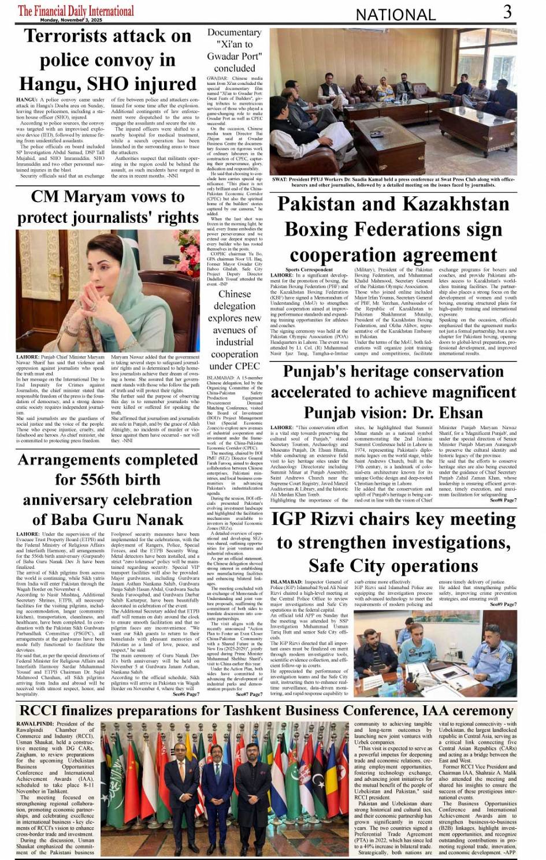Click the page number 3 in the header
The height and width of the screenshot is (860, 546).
click(507, 12)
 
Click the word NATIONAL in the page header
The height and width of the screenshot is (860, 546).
click(395, 14)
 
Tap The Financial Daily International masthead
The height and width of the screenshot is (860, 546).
click(76, 10)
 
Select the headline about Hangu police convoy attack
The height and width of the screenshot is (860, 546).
click(107, 60)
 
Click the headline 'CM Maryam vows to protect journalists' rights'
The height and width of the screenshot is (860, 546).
click(107, 207)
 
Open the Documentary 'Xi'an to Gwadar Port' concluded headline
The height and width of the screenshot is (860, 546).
click(234, 50)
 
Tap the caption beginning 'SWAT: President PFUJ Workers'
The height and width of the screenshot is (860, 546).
click(393, 182)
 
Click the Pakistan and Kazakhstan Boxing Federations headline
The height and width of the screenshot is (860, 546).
click(393, 229)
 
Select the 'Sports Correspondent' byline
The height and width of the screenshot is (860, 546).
click(309, 270)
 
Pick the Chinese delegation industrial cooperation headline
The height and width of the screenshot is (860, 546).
click(234, 329)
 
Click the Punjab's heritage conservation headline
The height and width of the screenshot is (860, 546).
click(393, 392)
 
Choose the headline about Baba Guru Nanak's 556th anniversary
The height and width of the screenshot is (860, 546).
click(107, 489)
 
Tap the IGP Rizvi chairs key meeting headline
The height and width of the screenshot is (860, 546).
click(393, 542)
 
